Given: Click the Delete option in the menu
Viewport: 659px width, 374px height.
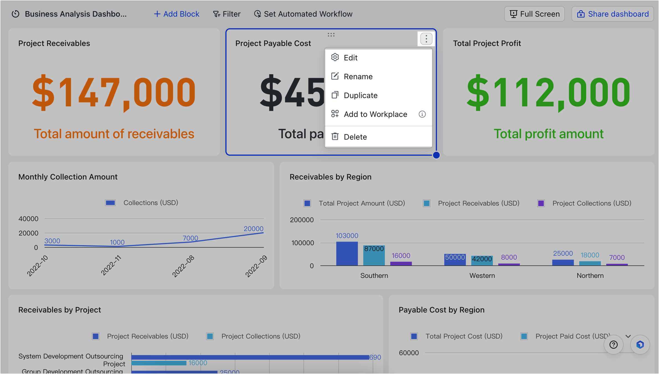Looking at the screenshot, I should [x=355, y=137].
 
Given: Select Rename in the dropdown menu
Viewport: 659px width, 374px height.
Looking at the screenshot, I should [x=358, y=76].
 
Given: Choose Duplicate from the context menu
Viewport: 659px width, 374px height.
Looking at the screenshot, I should [x=360, y=95].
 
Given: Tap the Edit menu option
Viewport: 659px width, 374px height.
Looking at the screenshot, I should [x=350, y=58].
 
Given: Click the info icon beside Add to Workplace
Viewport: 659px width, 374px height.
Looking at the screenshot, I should [x=422, y=114].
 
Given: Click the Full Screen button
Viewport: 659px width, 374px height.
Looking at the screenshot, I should [x=534, y=14].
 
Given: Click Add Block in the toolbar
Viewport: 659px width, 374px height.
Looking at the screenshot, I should [x=176, y=14].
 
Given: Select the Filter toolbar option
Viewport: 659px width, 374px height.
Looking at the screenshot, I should [x=227, y=14].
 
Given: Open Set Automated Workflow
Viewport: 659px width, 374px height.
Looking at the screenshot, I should [x=303, y=14].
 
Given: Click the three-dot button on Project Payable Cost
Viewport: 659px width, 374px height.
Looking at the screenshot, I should [x=426, y=39].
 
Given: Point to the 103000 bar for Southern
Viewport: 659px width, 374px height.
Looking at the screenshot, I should [x=347, y=254].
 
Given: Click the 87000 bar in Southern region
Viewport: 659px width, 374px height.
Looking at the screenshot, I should [x=374, y=256].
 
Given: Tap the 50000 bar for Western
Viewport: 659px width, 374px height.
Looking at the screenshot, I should [x=455, y=260].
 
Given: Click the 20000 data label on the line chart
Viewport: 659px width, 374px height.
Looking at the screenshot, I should [x=253, y=229].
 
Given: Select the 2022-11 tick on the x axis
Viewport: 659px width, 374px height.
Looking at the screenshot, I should [x=111, y=265].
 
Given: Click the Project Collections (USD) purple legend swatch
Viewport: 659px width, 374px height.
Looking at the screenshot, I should [x=541, y=203].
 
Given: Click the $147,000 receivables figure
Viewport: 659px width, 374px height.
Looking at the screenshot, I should [x=114, y=93].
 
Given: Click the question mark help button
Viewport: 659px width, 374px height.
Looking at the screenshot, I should [x=613, y=345].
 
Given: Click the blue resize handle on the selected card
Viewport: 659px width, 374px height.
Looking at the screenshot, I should [x=436, y=155].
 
